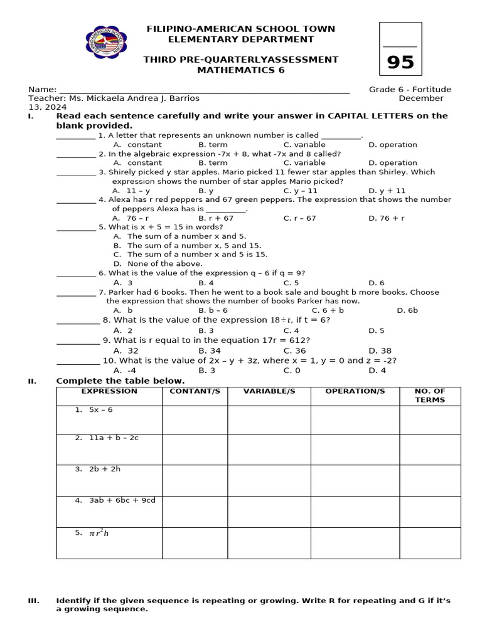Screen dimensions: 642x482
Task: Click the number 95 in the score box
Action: click(x=400, y=63)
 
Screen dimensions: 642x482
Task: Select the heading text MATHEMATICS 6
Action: click(x=240, y=70)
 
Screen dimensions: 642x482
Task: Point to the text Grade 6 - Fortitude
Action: click(x=410, y=89)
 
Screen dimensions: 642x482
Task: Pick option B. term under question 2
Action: click(x=213, y=162)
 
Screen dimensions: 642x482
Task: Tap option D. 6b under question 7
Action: click(x=407, y=310)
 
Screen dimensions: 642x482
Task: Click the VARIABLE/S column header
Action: click(x=269, y=391)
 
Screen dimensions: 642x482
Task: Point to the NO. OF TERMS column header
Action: click(x=430, y=395)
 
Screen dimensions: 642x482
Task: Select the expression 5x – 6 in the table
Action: click(x=100, y=409)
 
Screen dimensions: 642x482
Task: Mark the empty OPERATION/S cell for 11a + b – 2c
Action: click(x=355, y=449)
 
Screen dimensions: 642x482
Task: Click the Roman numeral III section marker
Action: click(x=34, y=601)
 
